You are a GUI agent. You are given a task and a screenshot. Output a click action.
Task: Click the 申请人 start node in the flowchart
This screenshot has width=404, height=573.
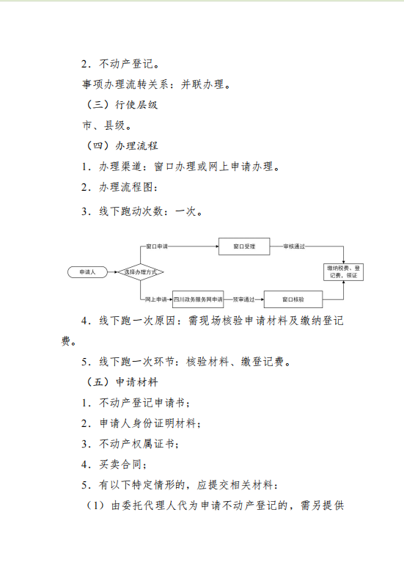[x=88, y=272]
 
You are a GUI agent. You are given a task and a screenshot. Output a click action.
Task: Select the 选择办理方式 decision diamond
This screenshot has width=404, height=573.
[x=140, y=272]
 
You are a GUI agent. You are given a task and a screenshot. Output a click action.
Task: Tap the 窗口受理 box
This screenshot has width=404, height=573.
[x=244, y=247]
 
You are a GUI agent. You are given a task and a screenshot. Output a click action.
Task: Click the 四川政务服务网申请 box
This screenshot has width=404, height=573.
[x=198, y=299]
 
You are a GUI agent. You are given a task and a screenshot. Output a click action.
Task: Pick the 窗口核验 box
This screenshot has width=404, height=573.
[x=293, y=299]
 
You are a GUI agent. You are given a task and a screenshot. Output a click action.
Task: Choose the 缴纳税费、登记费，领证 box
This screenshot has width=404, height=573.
[x=343, y=272]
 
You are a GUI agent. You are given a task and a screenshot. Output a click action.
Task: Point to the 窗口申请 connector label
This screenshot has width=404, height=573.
[x=157, y=247]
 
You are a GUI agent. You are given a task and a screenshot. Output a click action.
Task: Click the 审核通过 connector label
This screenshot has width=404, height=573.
[x=294, y=247]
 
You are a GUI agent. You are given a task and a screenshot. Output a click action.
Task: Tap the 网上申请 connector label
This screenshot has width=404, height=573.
[x=155, y=299]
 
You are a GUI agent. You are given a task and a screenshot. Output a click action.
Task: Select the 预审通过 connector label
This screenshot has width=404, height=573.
[x=243, y=299]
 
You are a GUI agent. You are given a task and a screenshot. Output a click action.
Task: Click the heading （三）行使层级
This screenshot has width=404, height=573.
[x=121, y=105]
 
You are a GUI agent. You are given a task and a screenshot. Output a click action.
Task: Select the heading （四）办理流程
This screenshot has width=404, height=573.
[x=121, y=146]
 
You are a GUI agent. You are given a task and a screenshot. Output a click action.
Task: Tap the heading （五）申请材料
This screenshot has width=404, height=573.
[x=121, y=382]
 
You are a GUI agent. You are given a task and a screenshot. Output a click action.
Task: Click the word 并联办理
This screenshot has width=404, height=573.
[x=202, y=84]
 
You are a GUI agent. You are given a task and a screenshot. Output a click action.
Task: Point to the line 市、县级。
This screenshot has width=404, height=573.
[x=106, y=125]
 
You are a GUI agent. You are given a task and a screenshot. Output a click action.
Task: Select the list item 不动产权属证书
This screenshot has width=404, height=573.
[x=136, y=444]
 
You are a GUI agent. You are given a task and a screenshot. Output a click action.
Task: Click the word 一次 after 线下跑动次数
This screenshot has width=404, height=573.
[x=186, y=211]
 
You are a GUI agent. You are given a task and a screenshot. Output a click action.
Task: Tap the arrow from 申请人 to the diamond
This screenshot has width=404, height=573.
[x=112, y=272]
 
